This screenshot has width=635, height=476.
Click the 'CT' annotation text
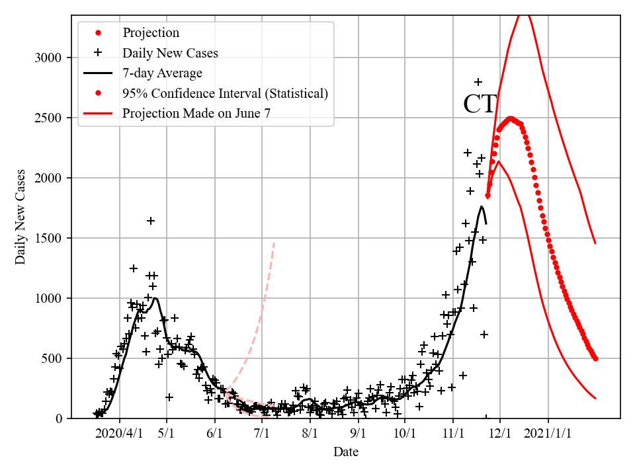pyautogui.click(x=480, y=105)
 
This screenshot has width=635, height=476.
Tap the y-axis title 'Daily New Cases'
pyautogui.click(x=21, y=217)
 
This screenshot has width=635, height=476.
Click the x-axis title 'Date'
pyautogui.click(x=346, y=452)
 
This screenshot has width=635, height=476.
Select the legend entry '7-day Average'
pyautogui.click(x=162, y=73)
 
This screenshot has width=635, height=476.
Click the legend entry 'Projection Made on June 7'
pyautogui.click(x=196, y=114)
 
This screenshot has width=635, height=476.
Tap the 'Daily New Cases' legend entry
pyautogui.click(x=170, y=52)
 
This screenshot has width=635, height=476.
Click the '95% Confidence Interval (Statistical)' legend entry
pyautogui.click(x=225, y=93)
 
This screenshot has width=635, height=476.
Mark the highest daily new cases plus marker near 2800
pyautogui.click(x=478, y=82)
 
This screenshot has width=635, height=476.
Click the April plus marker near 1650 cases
pyautogui.click(x=151, y=221)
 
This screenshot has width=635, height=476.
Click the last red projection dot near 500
pyautogui.click(x=595, y=358)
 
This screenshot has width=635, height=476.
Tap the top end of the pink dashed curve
pyautogui.click(x=274, y=243)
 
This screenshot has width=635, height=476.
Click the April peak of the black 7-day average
pyautogui.click(x=155, y=298)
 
